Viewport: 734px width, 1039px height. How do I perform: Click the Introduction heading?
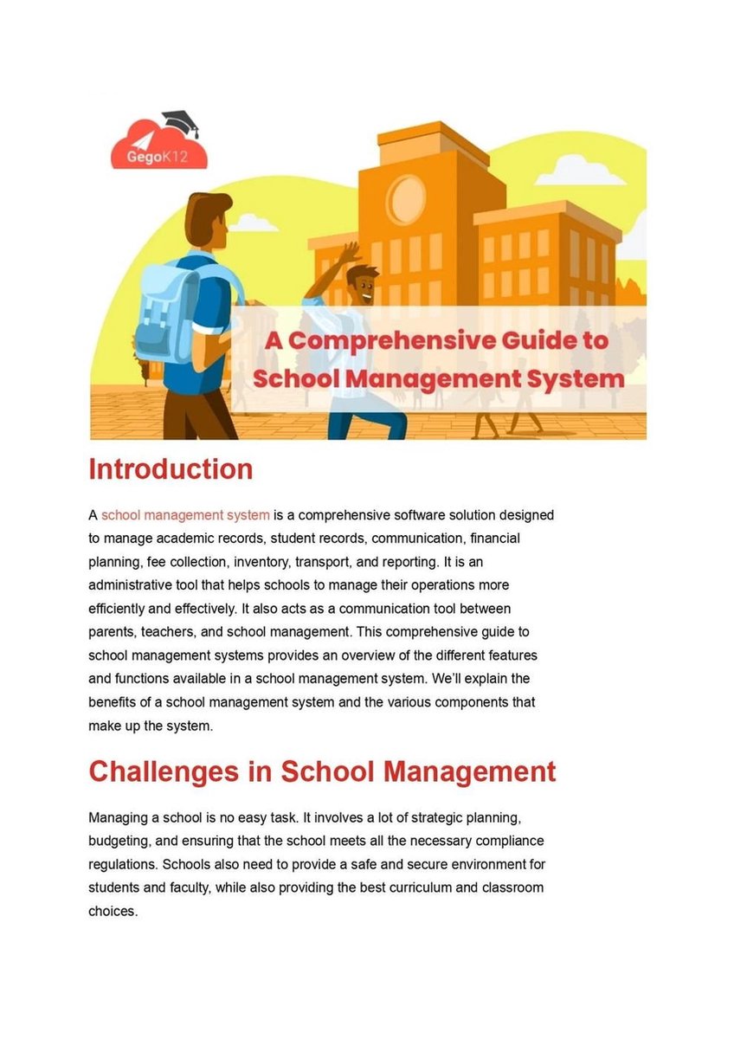click(171, 469)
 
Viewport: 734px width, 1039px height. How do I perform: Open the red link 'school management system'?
click(185, 515)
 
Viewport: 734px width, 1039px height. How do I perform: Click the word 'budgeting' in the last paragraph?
click(122, 841)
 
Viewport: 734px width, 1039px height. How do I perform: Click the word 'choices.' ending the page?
click(113, 911)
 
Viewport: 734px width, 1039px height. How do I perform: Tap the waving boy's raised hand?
click(350, 251)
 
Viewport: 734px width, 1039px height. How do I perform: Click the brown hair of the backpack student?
click(206, 208)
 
